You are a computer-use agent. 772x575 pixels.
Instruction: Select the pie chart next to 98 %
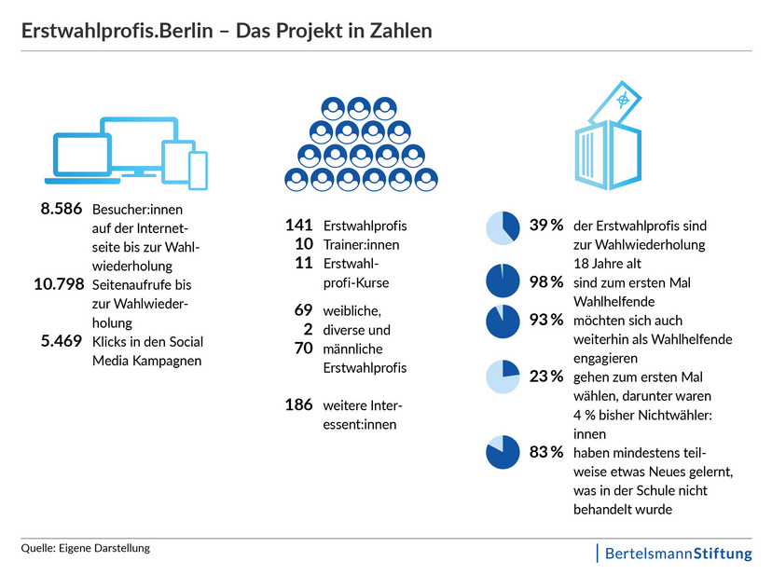503,281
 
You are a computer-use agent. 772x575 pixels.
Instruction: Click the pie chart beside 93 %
503,321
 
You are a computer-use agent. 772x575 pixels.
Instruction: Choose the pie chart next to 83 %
503,452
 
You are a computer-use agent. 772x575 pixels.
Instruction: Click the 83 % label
546,452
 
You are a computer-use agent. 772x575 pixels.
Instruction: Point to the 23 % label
546,376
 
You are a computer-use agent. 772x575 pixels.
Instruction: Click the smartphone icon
198,168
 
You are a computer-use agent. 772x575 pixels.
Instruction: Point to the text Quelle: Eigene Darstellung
86,548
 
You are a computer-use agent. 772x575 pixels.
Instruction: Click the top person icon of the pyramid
360,107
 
